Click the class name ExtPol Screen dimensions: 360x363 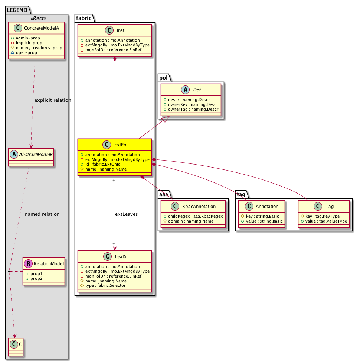121,145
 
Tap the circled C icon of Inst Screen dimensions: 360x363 109,30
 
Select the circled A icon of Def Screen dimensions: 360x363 186,90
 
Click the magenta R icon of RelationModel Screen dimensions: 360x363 28,263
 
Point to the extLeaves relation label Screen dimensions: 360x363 126,214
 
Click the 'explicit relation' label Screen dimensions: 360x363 53,100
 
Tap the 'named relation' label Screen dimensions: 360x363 42,214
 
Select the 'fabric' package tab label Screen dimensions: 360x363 84,18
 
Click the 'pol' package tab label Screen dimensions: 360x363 163,78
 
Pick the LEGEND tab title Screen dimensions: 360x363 17,10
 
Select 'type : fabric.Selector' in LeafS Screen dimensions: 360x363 105,286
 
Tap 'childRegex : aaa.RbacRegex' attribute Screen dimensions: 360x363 195,217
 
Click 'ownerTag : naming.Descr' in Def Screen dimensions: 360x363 193,110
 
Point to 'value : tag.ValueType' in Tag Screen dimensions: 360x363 326,221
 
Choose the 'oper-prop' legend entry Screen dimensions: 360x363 26,52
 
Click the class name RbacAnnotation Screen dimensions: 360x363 199,207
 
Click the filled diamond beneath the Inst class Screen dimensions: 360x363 115,59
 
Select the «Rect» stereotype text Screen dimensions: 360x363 38,18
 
